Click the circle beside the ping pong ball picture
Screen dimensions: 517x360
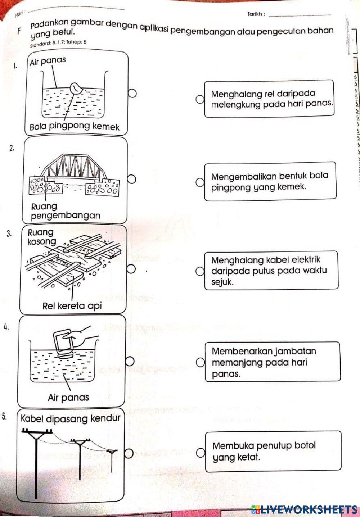coord(132,94)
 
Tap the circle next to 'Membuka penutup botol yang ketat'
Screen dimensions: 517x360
coord(201,452)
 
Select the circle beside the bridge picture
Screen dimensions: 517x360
coord(132,179)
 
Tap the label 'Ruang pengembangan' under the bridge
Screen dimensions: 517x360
coord(65,211)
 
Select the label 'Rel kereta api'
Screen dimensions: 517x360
coord(72,306)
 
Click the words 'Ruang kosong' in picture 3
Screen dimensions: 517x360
coord(41,237)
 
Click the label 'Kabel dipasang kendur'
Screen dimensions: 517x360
coord(71,418)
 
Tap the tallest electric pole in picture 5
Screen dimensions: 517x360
coord(36,464)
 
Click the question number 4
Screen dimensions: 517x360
coord(5,327)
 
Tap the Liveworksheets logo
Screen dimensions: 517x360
coord(305,509)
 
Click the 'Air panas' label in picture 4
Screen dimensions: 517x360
coord(68,398)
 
